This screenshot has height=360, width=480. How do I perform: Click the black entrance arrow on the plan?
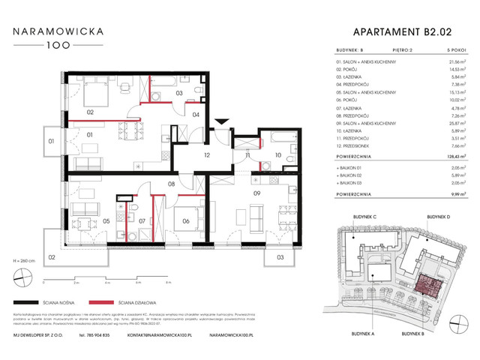[x=220, y=122]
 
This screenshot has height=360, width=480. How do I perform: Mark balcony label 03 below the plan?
[x=279, y=257]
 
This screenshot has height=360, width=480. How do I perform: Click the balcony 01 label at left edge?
[x=52, y=141]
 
